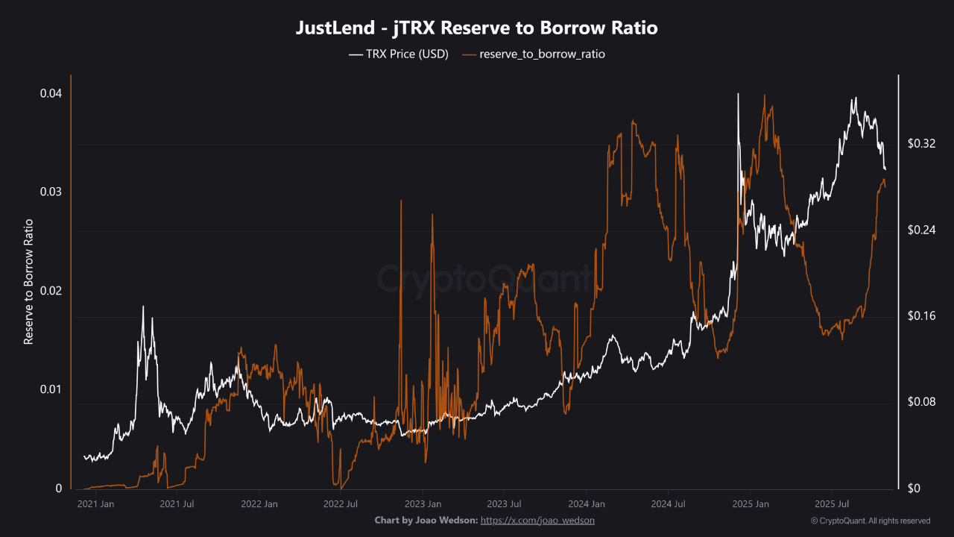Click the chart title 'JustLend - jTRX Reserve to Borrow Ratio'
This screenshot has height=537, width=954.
[477, 28]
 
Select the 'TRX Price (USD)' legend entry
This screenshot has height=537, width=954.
[399, 54]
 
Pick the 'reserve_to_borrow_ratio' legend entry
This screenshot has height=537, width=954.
[533, 54]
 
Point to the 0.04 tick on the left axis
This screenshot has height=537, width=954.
[51, 93]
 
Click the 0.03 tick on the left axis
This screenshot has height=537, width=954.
[51, 192]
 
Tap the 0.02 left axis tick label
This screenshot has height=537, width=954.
[51, 291]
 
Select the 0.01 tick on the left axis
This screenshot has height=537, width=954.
[51, 389]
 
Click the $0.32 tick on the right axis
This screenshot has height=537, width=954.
[921, 143]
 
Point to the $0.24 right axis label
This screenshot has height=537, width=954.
[921, 230]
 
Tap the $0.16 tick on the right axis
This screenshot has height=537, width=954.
[921, 315]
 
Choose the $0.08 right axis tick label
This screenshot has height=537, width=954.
[921, 402]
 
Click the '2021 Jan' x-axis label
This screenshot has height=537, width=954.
[96, 504]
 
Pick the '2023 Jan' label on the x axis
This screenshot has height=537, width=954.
[423, 504]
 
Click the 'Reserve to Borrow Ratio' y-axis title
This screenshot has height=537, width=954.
[29, 282]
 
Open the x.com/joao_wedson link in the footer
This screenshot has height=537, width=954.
[537, 520]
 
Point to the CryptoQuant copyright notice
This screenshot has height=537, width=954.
[870, 521]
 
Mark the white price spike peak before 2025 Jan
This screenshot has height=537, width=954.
[738, 95]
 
